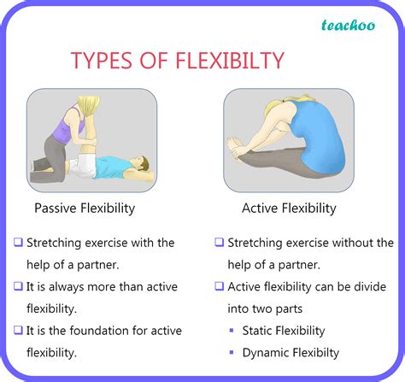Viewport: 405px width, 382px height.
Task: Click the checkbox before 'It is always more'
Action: point(19,285)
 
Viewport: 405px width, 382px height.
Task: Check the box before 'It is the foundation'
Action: point(19,330)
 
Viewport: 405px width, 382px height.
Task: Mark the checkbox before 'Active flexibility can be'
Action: point(220,285)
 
